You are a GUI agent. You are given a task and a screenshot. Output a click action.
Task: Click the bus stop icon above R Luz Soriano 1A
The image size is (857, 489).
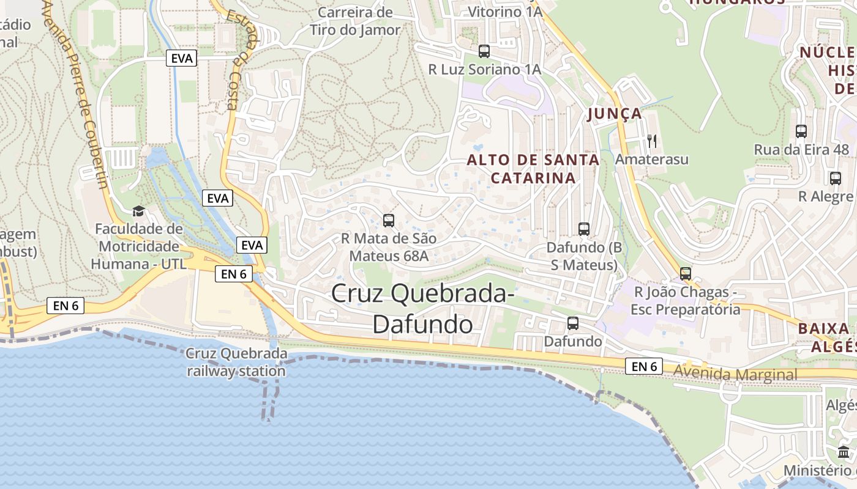[484, 51]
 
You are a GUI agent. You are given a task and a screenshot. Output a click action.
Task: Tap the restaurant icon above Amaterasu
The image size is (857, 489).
[652, 141]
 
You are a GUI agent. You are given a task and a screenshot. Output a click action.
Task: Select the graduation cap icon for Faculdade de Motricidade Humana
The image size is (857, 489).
[139, 211]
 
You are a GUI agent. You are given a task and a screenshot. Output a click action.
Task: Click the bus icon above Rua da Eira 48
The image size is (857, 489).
[801, 131]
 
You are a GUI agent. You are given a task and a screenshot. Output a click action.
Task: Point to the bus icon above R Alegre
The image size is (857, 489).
[836, 178]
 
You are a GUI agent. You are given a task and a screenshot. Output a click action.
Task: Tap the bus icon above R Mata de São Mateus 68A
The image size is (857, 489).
[388, 220]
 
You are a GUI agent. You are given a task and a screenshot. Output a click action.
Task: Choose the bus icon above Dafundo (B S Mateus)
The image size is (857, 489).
[584, 229]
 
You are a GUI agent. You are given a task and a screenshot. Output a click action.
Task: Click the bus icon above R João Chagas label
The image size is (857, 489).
[686, 273]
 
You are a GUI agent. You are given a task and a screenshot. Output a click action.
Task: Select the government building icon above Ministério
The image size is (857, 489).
[844, 452]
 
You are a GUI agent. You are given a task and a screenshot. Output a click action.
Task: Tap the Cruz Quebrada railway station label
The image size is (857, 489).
[236, 362]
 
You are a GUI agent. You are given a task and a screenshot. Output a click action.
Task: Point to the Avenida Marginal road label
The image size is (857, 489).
[735, 374]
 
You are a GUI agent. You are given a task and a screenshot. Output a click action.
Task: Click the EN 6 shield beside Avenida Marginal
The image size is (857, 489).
[645, 366]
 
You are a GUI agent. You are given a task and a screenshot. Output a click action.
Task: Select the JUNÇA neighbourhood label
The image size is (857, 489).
[615, 114]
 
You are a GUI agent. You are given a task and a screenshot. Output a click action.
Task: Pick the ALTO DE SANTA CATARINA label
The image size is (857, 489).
[533, 169]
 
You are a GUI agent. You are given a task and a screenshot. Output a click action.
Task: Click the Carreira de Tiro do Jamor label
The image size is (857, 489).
[355, 21]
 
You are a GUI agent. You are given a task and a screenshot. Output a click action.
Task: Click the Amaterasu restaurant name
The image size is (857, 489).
[652, 160]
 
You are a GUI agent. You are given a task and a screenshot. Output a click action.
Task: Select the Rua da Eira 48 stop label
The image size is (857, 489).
[801, 150]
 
